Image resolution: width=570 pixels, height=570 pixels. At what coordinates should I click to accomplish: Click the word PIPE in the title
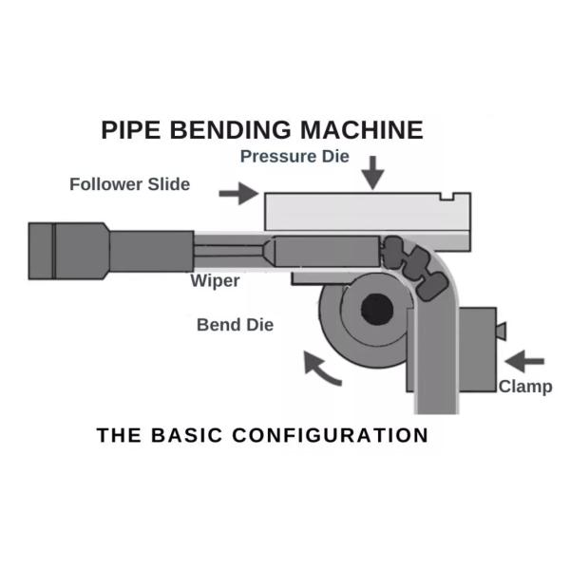(x=129, y=130)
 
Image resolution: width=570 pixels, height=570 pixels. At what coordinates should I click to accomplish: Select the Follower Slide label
(x=129, y=184)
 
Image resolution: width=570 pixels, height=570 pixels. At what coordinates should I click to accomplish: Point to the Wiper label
(x=214, y=281)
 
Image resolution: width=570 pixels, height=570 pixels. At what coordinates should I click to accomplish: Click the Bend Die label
(x=235, y=325)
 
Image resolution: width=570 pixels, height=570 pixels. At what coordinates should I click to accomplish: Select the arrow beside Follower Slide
(x=238, y=194)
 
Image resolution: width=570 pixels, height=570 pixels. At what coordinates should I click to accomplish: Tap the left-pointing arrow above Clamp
(x=524, y=361)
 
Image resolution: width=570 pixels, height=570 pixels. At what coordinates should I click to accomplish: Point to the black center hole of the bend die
(x=376, y=308)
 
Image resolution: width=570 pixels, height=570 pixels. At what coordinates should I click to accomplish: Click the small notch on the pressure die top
(x=450, y=197)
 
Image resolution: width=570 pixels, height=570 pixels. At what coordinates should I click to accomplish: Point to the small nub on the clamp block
(x=501, y=331)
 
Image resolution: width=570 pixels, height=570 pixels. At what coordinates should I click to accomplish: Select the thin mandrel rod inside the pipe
(x=228, y=252)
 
